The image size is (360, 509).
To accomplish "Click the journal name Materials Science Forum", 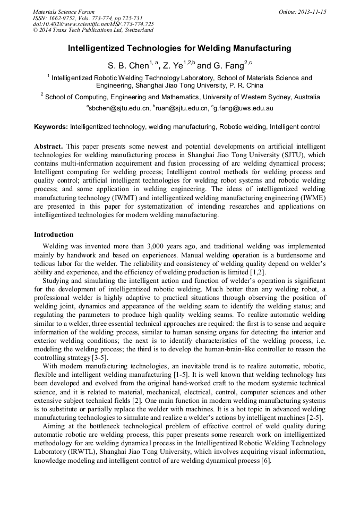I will (64, 12).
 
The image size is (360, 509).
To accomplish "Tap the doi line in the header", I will (93, 24).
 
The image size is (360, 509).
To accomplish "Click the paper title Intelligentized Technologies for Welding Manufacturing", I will (179, 48).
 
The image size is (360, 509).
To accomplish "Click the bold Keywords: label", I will (51, 127).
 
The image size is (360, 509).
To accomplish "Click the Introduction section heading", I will (54, 235).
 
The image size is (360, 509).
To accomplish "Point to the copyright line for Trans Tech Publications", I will (93, 30).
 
